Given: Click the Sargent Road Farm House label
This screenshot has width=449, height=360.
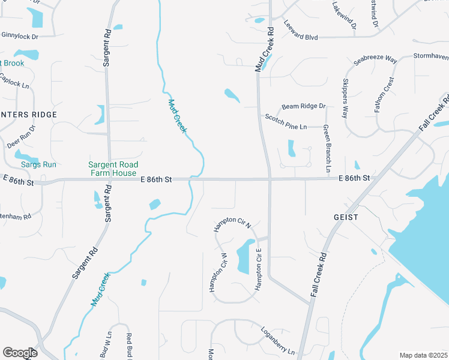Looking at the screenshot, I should tap(113, 169).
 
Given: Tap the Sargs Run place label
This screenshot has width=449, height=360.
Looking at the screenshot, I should tap(38, 164).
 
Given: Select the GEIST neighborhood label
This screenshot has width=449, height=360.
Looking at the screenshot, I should tap(346, 217).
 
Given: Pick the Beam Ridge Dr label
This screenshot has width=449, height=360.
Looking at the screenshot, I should tap(303, 106).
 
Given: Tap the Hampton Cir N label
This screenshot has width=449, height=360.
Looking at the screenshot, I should tap(232, 225).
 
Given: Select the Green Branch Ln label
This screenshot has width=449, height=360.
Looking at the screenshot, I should tap(327, 149).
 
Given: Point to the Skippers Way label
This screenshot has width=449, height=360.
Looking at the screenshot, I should tap(345, 98).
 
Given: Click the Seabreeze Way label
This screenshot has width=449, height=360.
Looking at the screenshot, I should tap(375, 59).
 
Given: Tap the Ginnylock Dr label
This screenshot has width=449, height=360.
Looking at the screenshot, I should tap(19, 37).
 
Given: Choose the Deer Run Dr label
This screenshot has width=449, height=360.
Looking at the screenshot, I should tap(22, 137).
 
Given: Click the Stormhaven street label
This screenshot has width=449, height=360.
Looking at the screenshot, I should tap(431, 56).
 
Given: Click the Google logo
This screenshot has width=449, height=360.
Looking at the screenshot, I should tap(20, 353).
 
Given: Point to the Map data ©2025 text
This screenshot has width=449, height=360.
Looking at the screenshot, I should tap(423, 355).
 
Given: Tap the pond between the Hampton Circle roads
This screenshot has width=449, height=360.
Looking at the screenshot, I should tap(244, 257).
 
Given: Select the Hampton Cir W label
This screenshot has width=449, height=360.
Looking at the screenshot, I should tap(218, 272).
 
